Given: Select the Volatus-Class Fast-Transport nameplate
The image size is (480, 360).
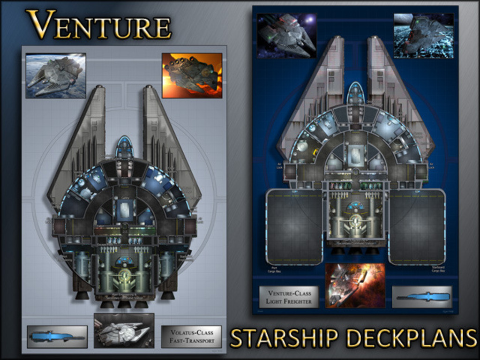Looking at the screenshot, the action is click(x=191, y=337).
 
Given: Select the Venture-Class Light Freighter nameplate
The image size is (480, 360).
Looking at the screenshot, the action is click(x=289, y=297).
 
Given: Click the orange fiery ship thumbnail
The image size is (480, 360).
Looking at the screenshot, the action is click(x=192, y=75).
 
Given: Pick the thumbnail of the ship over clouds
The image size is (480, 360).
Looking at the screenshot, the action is click(x=56, y=75).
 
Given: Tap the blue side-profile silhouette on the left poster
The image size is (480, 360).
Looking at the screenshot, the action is click(x=57, y=337).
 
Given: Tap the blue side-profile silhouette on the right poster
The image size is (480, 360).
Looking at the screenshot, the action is click(x=422, y=297).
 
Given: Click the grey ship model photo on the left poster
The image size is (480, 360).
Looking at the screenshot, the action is click(x=124, y=330).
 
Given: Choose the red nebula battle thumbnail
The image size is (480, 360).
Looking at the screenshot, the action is click(x=355, y=285).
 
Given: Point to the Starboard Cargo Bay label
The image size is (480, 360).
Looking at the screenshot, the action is click(x=437, y=270).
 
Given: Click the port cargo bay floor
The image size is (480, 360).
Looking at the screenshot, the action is click(x=294, y=227).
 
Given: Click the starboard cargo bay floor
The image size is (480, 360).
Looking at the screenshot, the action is click(x=417, y=227).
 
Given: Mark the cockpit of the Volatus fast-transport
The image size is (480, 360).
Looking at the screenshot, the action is click(x=124, y=146).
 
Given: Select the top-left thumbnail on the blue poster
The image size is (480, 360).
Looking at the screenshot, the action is click(x=286, y=35).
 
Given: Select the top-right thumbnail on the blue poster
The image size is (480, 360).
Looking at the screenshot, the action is click(x=423, y=35).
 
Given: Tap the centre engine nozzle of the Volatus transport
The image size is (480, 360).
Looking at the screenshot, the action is click(x=124, y=304).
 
